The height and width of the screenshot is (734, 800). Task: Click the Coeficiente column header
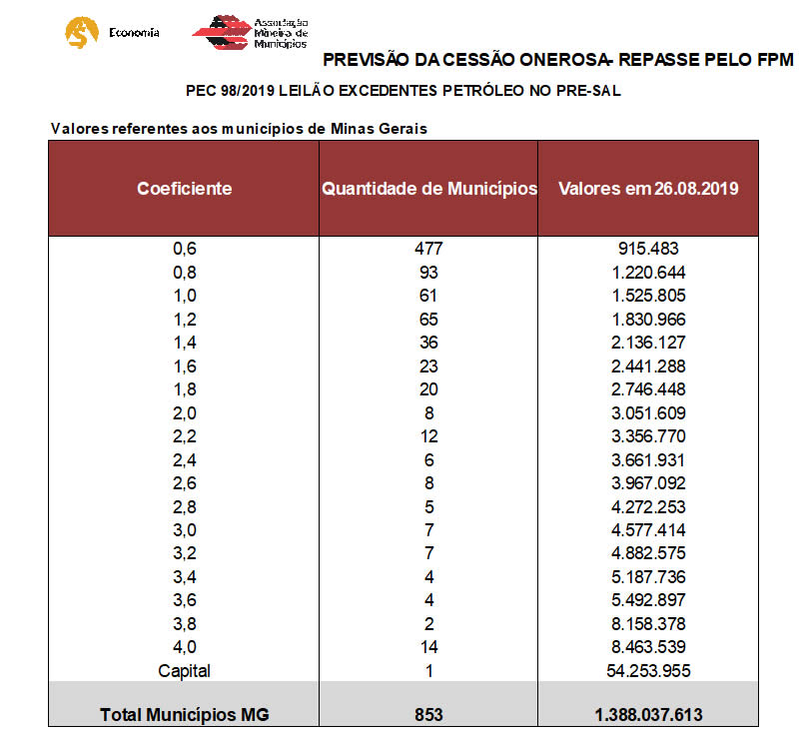(184, 188)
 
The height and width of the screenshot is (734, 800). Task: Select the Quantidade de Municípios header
(428, 188)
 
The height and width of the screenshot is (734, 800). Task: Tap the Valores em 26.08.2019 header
(648, 188)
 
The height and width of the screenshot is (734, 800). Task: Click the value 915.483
(648, 249)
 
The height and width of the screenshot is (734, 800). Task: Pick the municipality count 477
(428, 249)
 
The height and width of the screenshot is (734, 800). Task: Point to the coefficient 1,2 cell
(185, 319)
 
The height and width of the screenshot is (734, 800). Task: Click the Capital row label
(185, 670)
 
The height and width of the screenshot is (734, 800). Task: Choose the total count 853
(428, 714)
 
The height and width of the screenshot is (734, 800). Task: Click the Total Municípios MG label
(185, 714)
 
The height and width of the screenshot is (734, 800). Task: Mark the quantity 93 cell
(428, 272)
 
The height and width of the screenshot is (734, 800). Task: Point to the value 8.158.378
(648, 623)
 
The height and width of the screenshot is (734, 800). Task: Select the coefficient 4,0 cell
(185, 647)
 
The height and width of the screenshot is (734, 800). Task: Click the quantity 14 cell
(428, 647)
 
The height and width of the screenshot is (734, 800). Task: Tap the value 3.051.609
(648, 412)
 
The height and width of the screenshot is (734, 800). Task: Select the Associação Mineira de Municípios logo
(250, 32)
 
